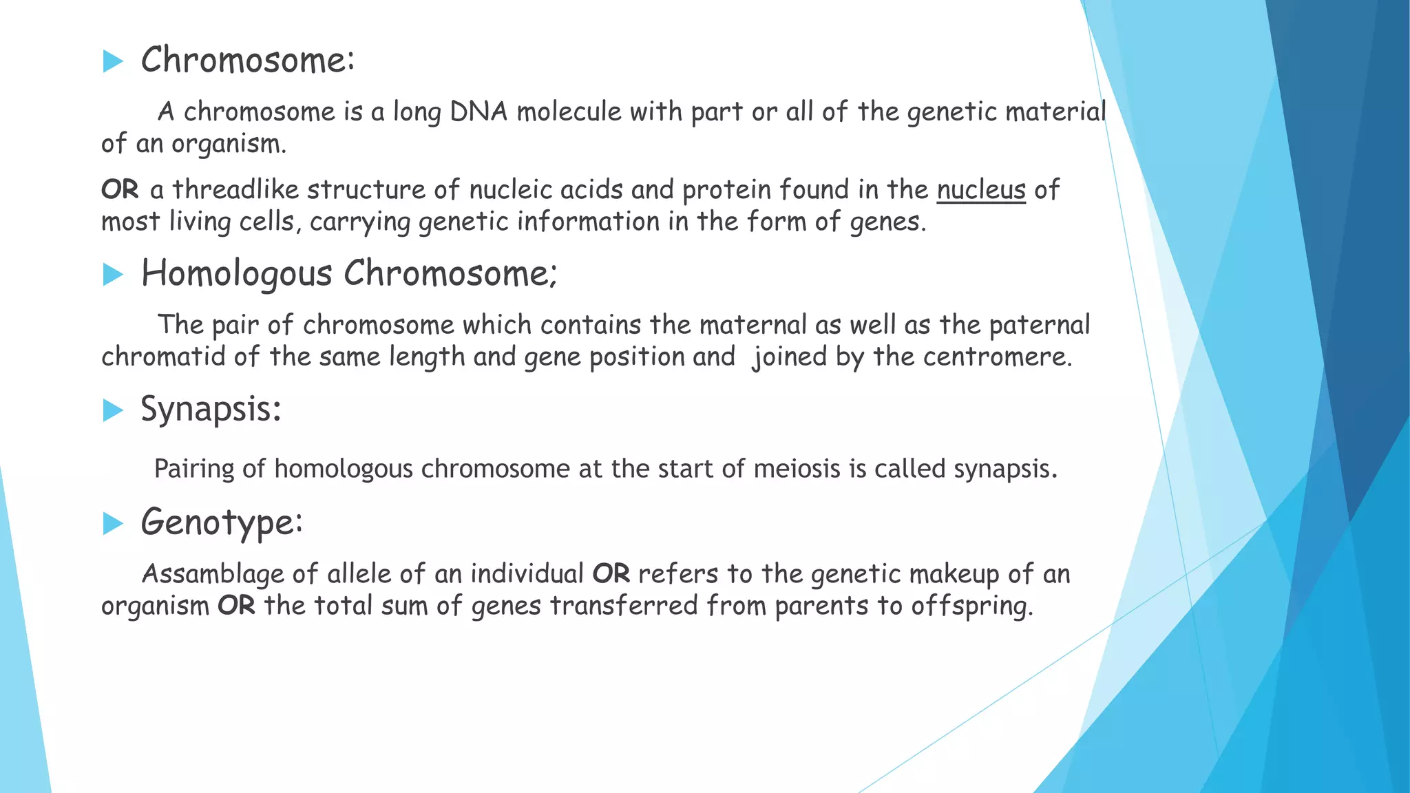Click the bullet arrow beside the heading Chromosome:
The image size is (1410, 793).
coord(112,61)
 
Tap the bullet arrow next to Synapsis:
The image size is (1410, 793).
coord(112,411)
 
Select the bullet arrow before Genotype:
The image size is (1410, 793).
coord(112,524)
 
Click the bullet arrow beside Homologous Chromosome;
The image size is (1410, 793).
coord(112,275)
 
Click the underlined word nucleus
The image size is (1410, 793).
coord(981,189)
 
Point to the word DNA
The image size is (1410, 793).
coord(478,112)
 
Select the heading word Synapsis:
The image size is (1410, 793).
coord(211,410)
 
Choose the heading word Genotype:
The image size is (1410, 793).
coord(222,522)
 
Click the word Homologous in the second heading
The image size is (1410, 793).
coord(237,274)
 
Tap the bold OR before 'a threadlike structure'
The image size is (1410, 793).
coord(120,189)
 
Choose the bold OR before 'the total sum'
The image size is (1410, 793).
coord(236,606)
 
